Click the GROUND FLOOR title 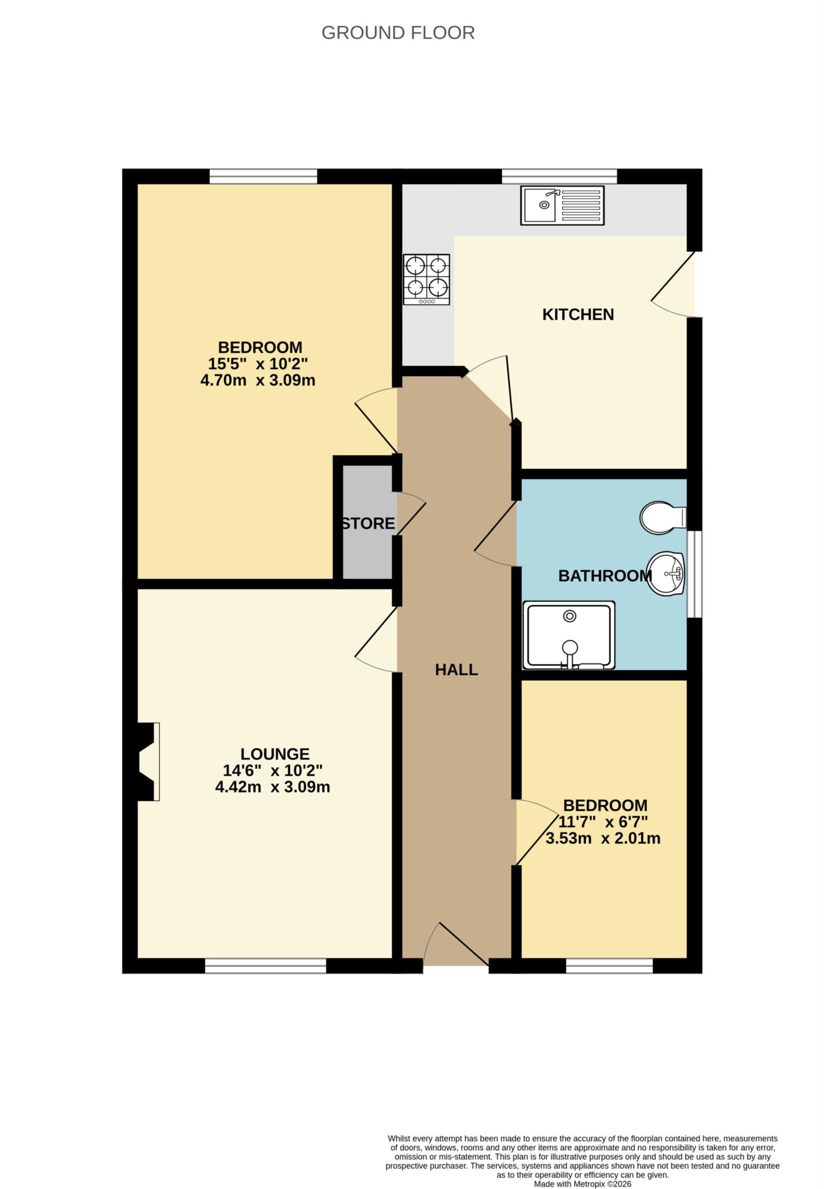(x=398, y=33)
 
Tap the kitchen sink (x=562, y=205)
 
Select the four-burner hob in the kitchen (x=427, y=279)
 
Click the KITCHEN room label (x=578, y=315)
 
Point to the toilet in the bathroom (x=662, y=517)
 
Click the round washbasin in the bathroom (x=666, y=574)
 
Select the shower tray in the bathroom (x=568, y=635)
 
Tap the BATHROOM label (x=604, y=576)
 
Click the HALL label (x=456, y=670)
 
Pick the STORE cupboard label (x=368, y=524)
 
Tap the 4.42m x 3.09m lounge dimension (x=272, y=788)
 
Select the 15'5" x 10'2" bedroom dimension (x=258, y=364)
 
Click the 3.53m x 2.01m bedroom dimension (x=603, y=839)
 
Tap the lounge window (x=265, y=965)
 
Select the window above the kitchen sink (x=559, y=176)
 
